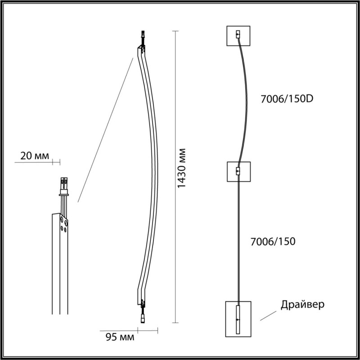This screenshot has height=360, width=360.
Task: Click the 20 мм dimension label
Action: (35, 156)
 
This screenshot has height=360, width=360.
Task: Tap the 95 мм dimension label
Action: (120, 337)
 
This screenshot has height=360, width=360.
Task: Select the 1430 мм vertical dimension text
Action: (182, 168)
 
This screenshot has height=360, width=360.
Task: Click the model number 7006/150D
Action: (287, 99)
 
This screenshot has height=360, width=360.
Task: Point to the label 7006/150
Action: (273, 242)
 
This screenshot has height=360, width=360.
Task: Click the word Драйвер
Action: (302, 305)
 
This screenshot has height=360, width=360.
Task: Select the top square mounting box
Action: (238, 36)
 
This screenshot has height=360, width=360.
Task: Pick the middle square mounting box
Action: (239, 172)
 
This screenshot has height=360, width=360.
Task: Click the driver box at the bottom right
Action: (238, 319)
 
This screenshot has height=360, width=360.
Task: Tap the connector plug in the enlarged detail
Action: (64, 186)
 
